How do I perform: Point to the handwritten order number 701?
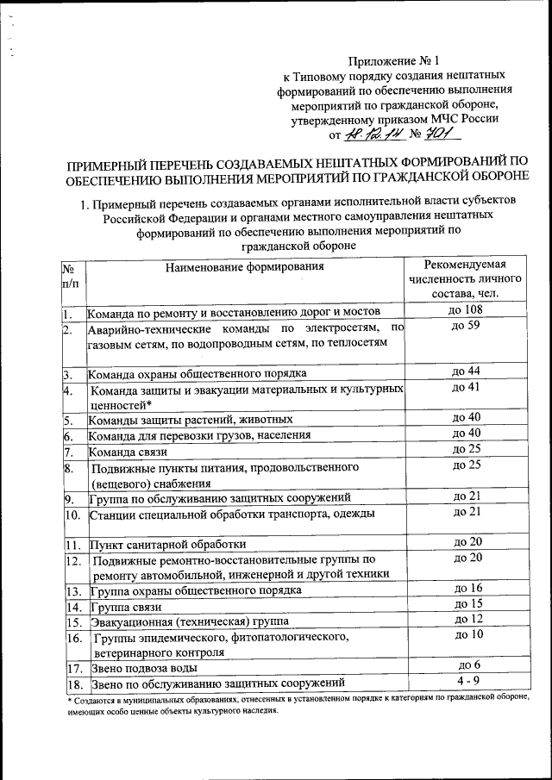click(x=442, y=134)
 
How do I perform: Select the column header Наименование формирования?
click(x=245, y=265)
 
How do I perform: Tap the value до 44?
click(x=466, y=372)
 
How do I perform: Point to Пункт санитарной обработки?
click(x=167, y=545)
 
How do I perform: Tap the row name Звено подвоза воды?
click(x=143, y=668)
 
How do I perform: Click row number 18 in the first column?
click(x=73, y=684)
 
